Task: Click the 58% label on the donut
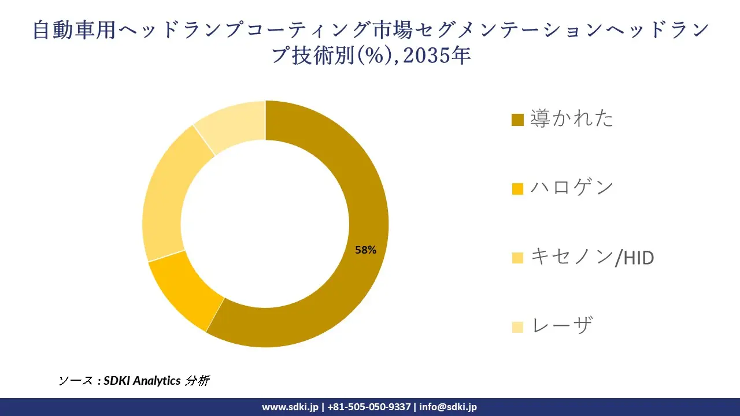coord(365,250)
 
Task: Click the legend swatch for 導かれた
coord(517,120)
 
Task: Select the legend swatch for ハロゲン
coord(517,189)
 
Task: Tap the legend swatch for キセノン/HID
coord(517,258)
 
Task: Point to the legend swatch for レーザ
coord(517,327)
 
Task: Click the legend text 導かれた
coord(572,118)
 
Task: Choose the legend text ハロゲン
coord(572,188)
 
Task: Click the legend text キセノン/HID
coord(592,257)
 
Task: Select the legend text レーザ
coord(561,326)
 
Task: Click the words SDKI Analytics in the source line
coord(142,380)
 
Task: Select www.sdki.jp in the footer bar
coord(290,407)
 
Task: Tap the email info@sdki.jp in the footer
coord(448,407)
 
